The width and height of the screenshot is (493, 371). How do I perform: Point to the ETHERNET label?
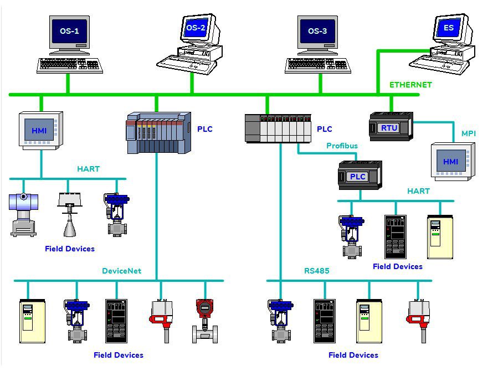click(410, 85)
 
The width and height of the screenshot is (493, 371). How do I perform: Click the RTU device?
click(391, 127)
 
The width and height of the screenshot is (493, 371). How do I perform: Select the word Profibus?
click(342, 146)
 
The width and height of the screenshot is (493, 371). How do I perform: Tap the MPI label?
click(469, 133)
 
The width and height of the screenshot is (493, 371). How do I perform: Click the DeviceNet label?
click(121, 271)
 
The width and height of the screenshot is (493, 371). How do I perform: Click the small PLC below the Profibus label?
click(360, 176)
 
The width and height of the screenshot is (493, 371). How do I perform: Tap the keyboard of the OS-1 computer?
click(69, 65)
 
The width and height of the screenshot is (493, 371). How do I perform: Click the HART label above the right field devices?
click(418, 191)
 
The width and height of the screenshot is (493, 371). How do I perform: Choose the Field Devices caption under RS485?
click(353, 355)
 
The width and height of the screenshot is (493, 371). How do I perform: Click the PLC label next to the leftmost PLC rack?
click(204, 129)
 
